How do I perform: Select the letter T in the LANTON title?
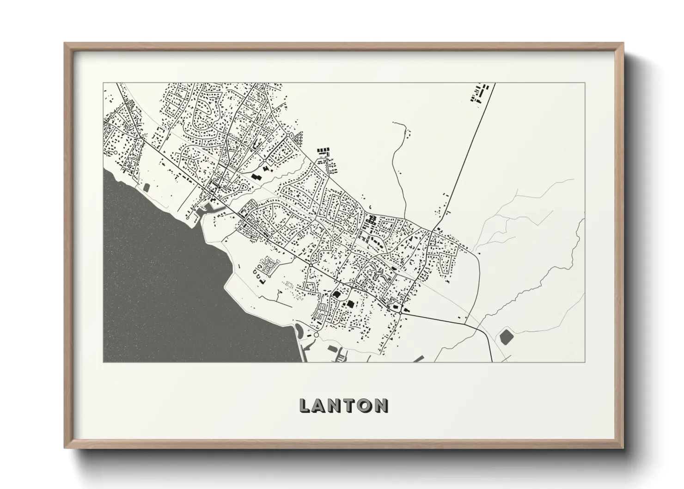click(x=351, y=406)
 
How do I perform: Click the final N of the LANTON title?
click(x=381, y=406)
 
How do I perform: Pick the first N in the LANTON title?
click(x=336, y=406)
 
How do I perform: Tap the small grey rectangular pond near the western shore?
click(x=147, y=188)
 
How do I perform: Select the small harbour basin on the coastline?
click(x=203, y=212)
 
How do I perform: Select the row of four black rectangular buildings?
click(x=323, y=150)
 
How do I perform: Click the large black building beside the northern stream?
click(x=256, y=177)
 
